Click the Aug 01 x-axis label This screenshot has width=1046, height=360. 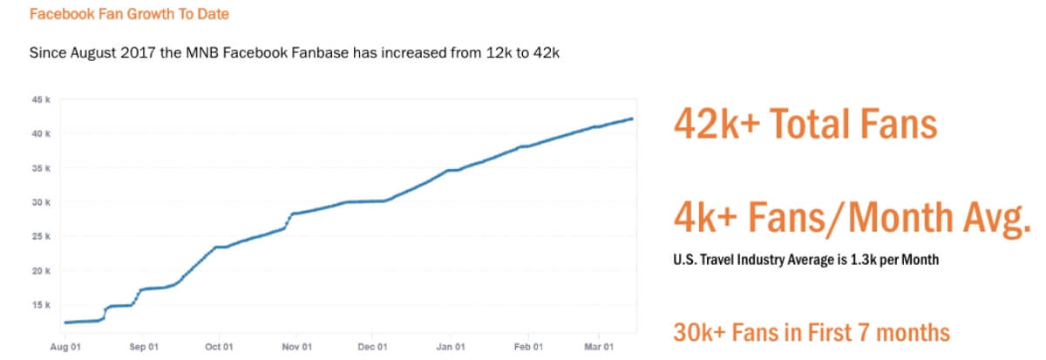(67, 347)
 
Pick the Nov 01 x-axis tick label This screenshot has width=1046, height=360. (296, 347)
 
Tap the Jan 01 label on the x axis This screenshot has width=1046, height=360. (450, 347)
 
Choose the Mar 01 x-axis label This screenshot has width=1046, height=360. (596, 347)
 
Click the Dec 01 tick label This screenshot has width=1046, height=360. (372, 347)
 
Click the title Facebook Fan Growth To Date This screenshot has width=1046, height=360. (129, 15)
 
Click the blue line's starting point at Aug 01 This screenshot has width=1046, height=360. (66, 323)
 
